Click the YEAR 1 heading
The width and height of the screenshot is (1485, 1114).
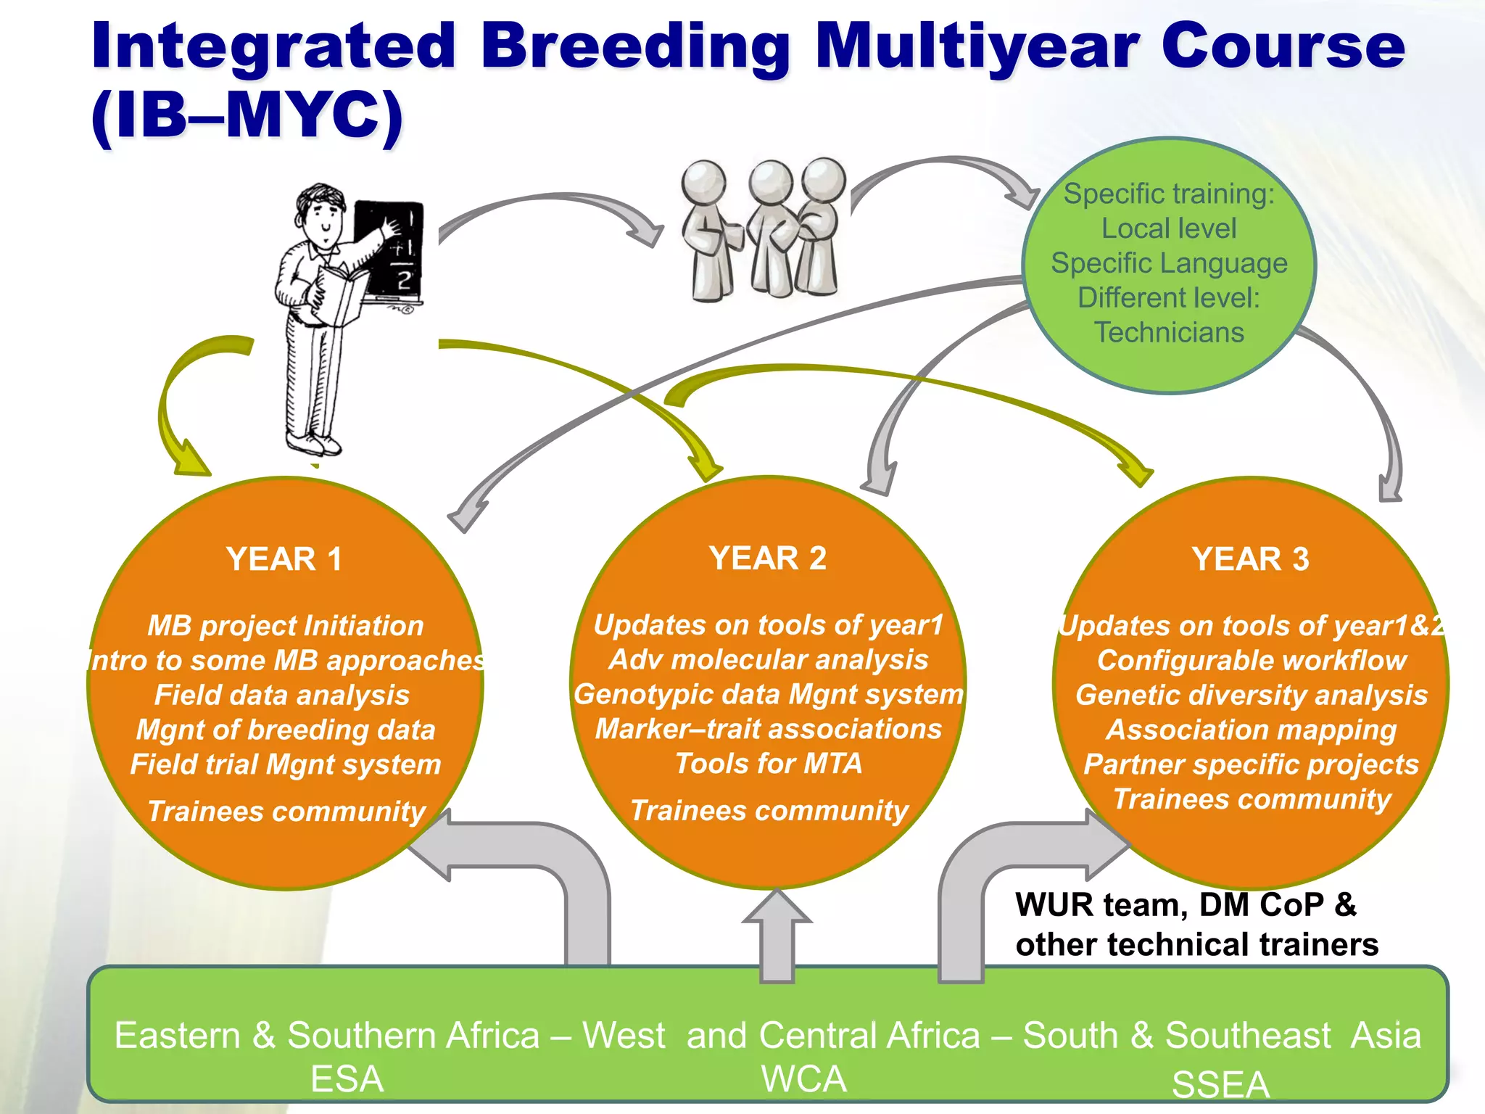coord(284,559)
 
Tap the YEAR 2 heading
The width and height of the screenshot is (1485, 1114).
coord(768,558)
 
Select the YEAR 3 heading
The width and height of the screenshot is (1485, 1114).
coord(1251,559)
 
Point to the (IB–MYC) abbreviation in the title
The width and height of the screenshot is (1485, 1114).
coord(247,116)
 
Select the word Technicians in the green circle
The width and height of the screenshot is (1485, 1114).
coord(1169,332)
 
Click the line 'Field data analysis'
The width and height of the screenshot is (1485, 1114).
coord(282,695)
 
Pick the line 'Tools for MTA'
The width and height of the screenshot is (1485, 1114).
coord(769,764)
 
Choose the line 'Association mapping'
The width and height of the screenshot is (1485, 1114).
coord(1252,730)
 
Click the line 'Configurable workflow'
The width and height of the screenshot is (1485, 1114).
coord(1252,661)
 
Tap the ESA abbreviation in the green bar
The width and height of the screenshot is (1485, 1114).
coord(347,1079)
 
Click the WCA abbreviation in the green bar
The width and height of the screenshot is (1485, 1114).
coord(804,1079)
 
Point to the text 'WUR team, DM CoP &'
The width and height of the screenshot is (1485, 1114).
coord(1186,905)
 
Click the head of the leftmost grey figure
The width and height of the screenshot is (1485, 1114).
coord(703,181)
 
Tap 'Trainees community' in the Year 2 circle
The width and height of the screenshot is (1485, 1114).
coord(769,810)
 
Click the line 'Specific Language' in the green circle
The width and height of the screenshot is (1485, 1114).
coord(1169,263)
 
